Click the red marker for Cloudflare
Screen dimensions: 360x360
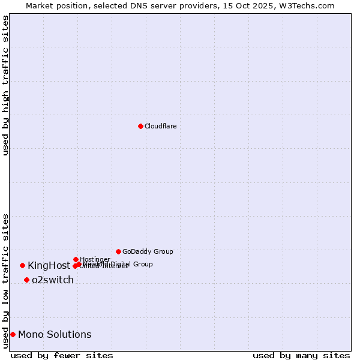point(140,126)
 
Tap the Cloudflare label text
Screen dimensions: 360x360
point(160,126)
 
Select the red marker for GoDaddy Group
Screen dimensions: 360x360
point(118,251)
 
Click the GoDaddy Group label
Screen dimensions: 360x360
point(148,251)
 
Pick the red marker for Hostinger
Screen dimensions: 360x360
point(76,259)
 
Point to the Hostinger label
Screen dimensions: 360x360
point(95,259)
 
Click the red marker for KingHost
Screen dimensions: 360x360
point(22,265)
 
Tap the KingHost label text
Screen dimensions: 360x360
point(49,265)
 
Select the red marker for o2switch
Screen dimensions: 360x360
point(26,280)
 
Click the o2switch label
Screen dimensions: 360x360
point(53,280)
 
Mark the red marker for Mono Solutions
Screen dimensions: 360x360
point(13,334)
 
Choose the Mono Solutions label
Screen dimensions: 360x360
point(55,334)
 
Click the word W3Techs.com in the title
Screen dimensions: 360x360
point(309,5)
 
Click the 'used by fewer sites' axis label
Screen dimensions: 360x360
point(62,355)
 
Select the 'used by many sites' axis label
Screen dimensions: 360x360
point(301,355)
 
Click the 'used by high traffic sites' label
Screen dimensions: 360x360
point(5,86)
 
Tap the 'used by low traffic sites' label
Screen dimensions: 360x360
point(5,281)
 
